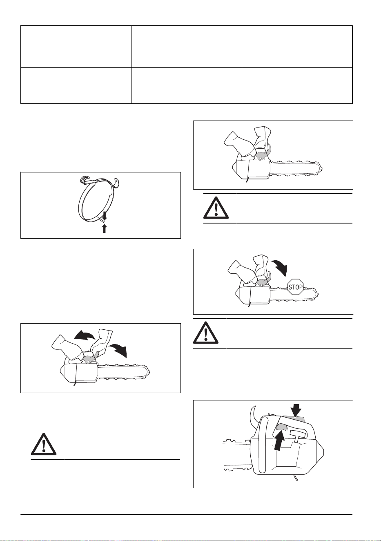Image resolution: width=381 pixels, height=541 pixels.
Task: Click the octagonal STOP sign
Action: coord(295,287)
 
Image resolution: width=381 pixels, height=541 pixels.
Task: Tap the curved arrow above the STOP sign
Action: coord(280,267)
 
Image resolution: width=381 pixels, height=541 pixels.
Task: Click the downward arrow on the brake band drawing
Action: coord(105,215)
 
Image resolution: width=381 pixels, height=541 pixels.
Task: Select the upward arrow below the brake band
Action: coord(104,228)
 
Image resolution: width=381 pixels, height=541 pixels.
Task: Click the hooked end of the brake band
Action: coord(84,180)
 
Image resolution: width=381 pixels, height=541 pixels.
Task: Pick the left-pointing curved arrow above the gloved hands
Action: coord(85,335)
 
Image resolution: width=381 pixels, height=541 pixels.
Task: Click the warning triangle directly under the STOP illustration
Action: coord(205,333)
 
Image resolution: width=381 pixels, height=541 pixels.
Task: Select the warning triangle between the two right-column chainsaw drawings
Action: coord(216,208)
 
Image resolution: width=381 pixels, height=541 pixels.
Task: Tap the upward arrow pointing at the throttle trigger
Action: coord(279,440)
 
